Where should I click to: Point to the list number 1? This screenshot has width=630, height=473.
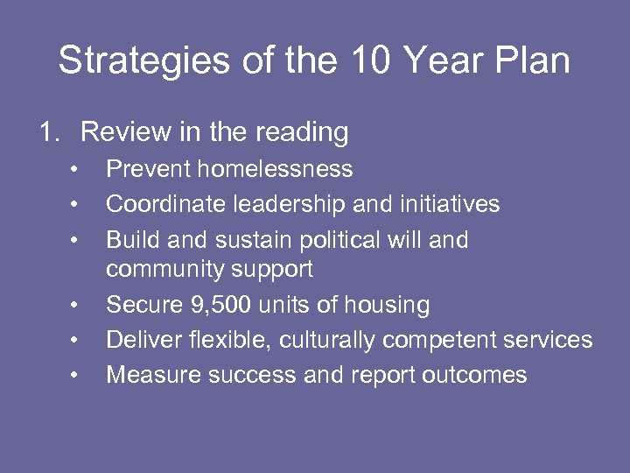click(49, 132)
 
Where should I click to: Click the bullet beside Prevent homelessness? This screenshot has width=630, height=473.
click(76, 169)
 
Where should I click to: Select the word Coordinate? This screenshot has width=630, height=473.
click(165, 204)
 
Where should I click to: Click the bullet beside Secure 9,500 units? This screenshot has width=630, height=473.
click(76, 305)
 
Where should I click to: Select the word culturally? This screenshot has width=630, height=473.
click(365, 340)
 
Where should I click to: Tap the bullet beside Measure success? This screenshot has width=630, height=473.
click(76, 375)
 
